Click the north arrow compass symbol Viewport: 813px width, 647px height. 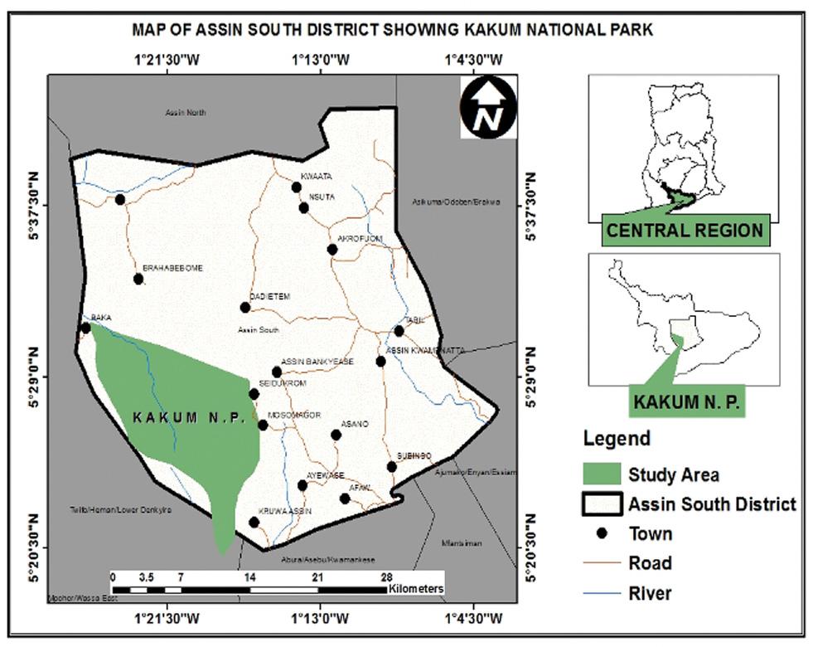489,109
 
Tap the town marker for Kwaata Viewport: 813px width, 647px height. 296,187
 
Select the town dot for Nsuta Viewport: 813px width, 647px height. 304,207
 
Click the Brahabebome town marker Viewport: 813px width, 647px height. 138,279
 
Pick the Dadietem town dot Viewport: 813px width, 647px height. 245,308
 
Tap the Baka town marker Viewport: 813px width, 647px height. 85,328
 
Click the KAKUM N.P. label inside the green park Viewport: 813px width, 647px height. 190,419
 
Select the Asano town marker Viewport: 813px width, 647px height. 336,435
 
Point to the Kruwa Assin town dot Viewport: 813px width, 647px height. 254,522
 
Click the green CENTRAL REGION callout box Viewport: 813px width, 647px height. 684,230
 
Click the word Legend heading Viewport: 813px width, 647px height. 617,438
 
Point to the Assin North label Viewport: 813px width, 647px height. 186,113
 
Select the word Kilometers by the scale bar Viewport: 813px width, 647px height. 416,589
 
